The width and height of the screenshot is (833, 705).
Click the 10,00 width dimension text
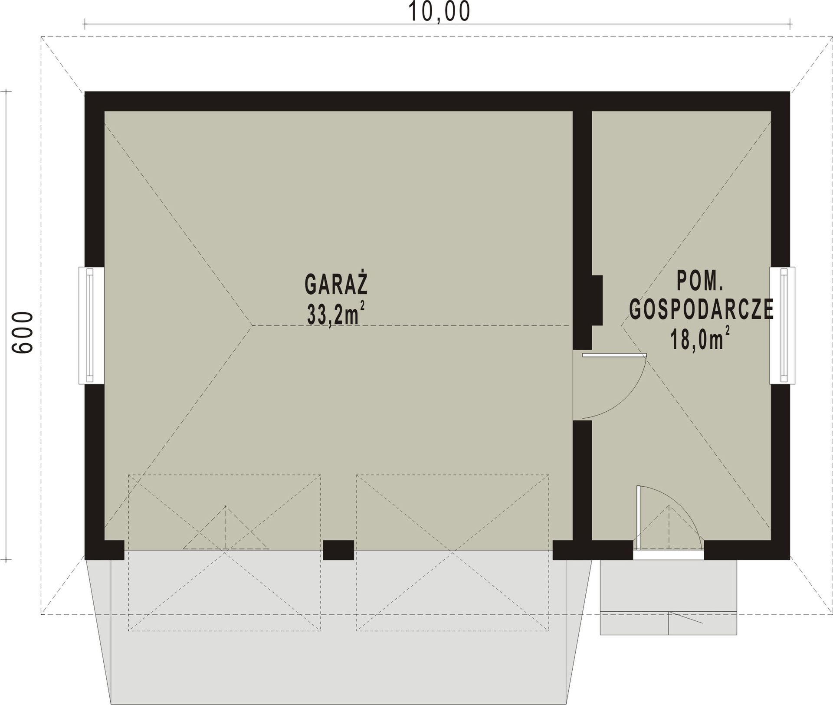pos(439,12)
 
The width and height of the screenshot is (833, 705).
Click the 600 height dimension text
pos(22,332)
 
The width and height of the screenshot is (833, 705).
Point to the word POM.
pos(700,281)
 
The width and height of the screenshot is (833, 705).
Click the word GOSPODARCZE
pos(702,309)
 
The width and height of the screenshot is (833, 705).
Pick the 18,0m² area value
pos(700,338)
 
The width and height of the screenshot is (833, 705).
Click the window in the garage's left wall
pos(91,325)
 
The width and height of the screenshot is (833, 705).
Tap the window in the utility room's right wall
pos(782,325)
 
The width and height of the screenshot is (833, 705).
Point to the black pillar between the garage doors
pos(338,550)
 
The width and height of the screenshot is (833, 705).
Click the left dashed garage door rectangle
pos(224,553)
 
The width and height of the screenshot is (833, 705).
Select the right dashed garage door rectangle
pos(453,553)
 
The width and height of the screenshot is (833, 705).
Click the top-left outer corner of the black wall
pos(85,92)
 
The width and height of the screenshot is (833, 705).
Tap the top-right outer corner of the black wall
pos(790,92)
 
